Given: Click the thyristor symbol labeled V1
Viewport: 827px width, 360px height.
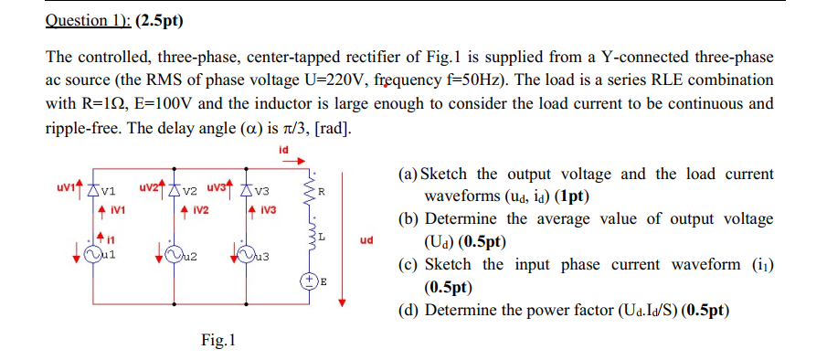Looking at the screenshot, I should tap(92, 191).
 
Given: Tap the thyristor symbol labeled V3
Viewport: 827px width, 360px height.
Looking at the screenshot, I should tap(249, 191).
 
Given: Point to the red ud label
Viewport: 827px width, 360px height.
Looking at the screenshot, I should tap(366, 243).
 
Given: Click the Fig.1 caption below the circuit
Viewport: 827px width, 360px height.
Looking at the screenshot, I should tap(218, 341).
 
